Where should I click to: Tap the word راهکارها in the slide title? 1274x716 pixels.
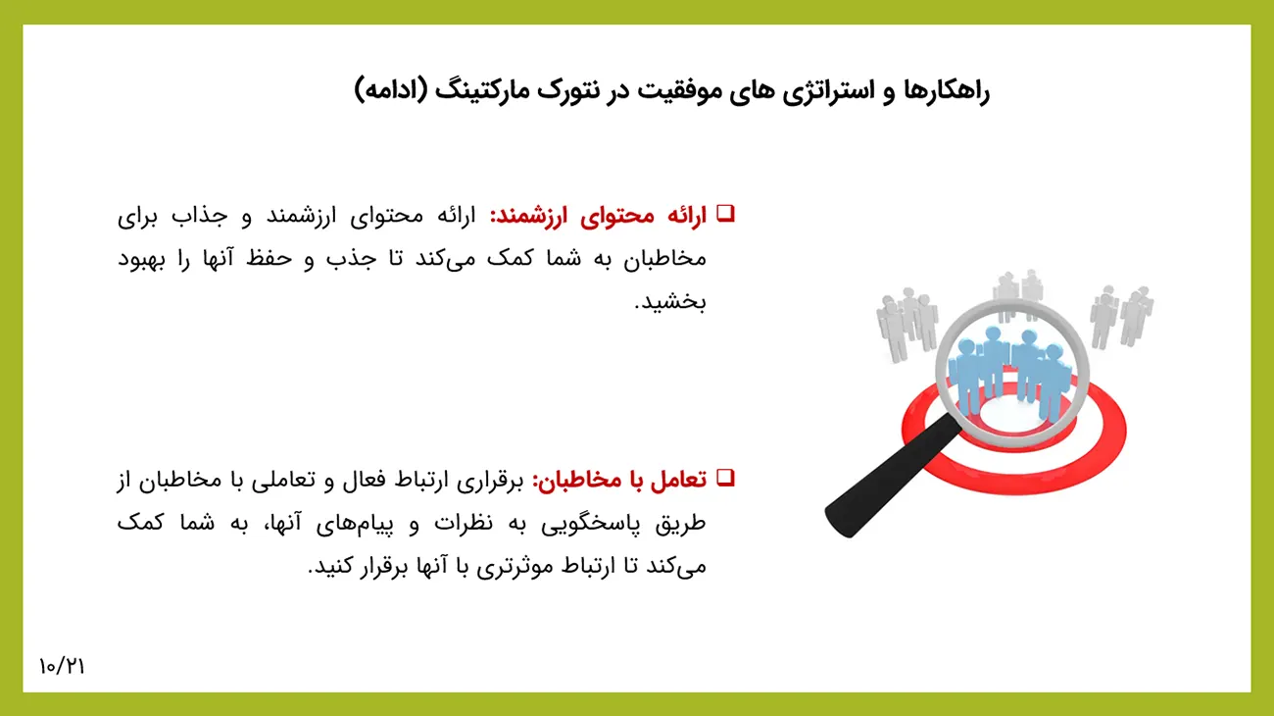tap(946, 91)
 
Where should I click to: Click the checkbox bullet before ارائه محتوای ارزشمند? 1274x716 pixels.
tap(726, 214)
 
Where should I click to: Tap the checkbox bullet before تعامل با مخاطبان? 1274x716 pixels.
tap(726, 478)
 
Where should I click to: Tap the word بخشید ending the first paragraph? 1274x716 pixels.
tap(670, 302)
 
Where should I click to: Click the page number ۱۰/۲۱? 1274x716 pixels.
tap(62, 667)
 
